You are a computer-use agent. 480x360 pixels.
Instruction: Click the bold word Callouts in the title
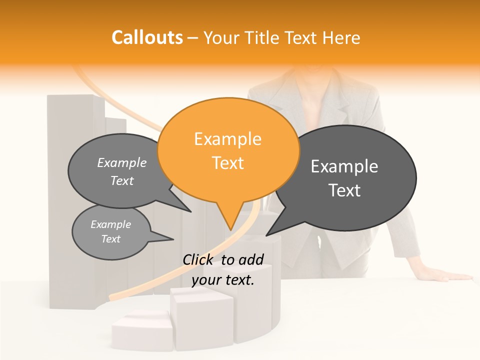click(x=147, y=37)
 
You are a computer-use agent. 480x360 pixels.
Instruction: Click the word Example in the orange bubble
click(x=228, y=139)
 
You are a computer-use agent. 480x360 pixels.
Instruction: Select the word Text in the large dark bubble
click(x=345, y=190)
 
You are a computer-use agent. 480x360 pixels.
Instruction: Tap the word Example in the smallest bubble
click(x=111, y=224)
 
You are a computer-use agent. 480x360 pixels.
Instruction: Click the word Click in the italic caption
click(x=198, y=259)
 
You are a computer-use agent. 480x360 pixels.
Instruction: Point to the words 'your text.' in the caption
click(x=223, y=280)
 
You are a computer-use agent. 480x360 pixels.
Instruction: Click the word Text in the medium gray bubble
click(x=122, y=181)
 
